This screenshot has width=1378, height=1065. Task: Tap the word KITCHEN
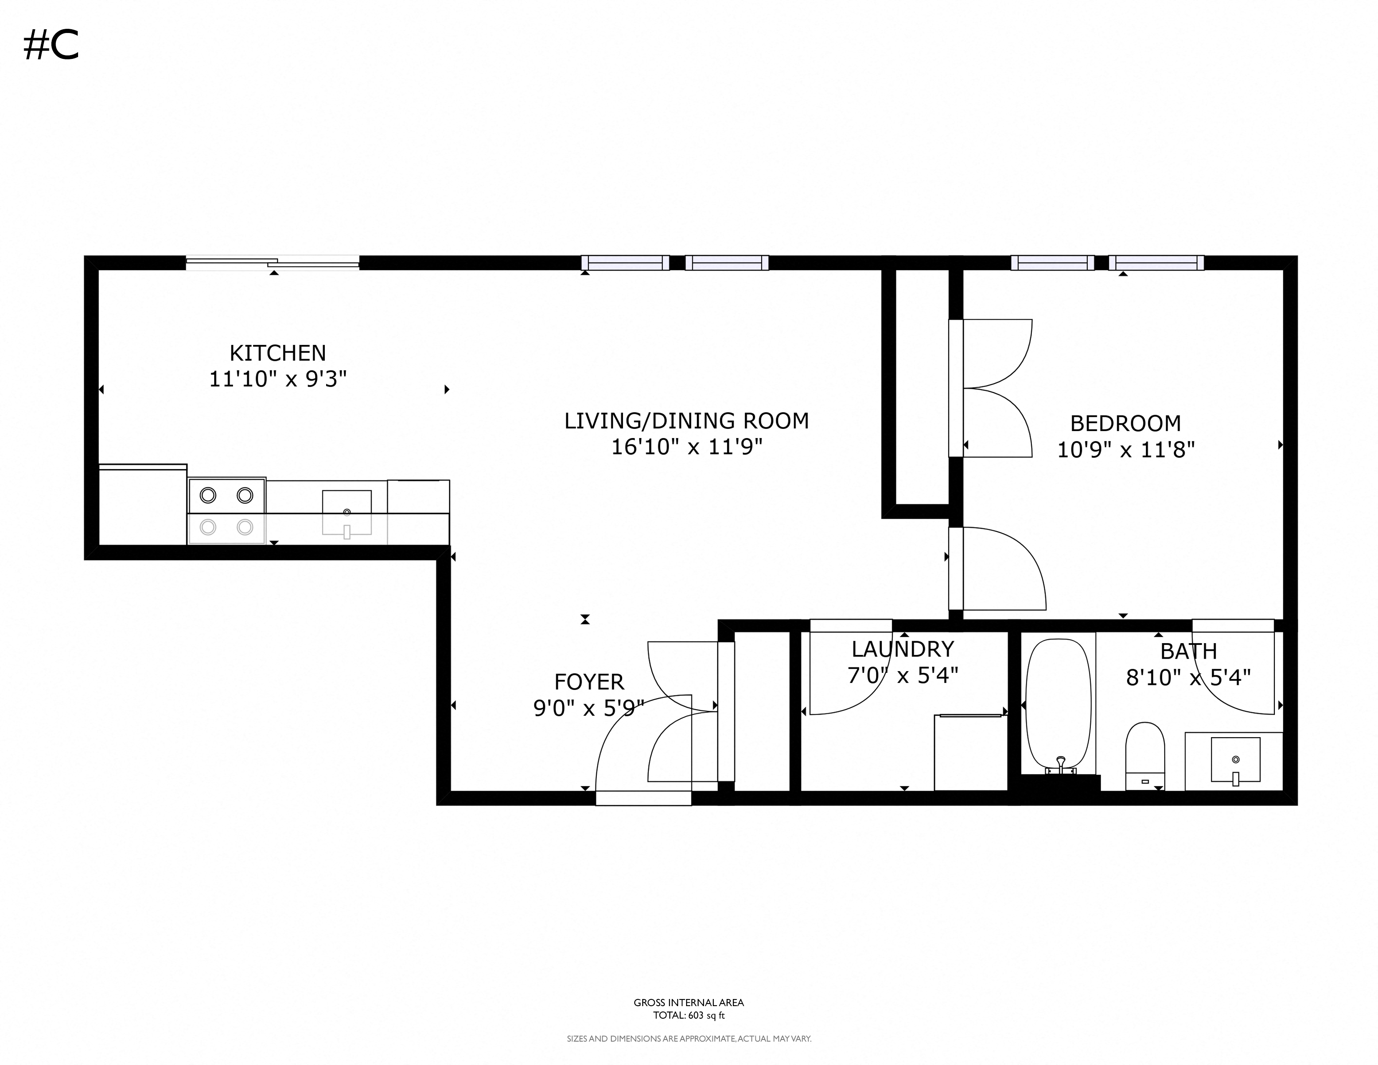point(278,352)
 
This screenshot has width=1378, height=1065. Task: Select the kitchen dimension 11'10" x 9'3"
point(278,379)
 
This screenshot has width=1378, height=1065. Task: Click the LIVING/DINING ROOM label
point(686,421)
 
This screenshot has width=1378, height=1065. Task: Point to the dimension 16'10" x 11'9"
point(686,447)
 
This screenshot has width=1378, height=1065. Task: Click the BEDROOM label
point(1126,423)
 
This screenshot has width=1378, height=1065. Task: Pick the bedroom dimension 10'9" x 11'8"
point(1126,450)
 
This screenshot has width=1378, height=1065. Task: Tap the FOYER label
point(589,682)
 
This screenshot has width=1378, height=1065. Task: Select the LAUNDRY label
point(902,649)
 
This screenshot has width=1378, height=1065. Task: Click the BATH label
point(1188,651)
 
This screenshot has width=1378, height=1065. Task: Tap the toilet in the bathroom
point(1145,754)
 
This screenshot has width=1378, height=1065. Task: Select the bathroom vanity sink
point(1235,760)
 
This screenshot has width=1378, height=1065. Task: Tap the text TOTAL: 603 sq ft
point(688,1016)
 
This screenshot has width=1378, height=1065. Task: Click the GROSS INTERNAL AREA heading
point(688,1002)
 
